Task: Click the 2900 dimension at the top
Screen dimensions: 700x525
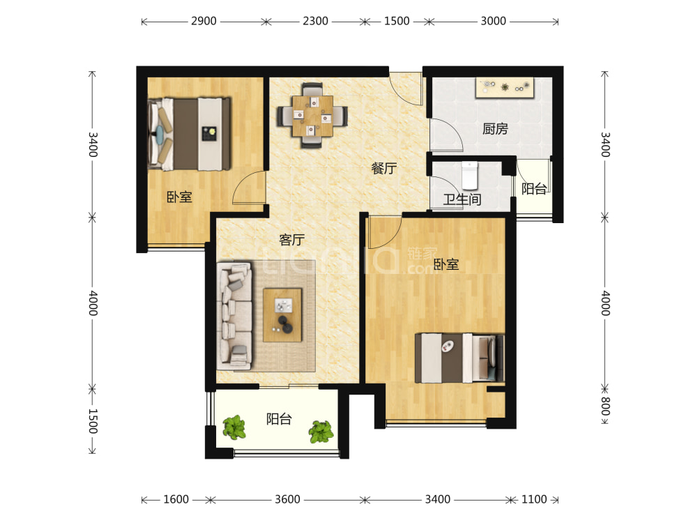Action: pos(204,21)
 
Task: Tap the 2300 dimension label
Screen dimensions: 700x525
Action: pos(315,21)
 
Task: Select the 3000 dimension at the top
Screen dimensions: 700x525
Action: pos(493,21)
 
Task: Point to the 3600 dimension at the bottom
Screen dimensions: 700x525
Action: pos(287,499)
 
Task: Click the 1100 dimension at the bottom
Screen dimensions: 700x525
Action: pos(534,499)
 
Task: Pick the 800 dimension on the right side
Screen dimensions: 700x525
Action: pos(605,406)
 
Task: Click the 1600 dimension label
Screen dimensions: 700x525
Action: pos(176,499)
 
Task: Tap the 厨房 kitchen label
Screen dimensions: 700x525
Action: pos(495,129)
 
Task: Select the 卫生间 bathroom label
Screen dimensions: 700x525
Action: pos(462,199)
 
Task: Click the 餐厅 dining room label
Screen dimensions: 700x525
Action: pos(384,168)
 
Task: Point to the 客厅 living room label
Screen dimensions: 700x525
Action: pos(292,240)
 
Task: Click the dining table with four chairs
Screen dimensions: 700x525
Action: pos(312,115)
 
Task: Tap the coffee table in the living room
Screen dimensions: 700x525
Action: pos(282,315)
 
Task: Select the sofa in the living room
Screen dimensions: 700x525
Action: pos(234,316)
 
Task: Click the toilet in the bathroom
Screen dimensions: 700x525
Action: pos(470,176)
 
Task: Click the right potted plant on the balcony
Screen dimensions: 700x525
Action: pos(321,432)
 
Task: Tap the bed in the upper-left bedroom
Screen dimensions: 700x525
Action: pos(190,134)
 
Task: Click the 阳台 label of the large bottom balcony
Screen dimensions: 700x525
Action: pos(279,419)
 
